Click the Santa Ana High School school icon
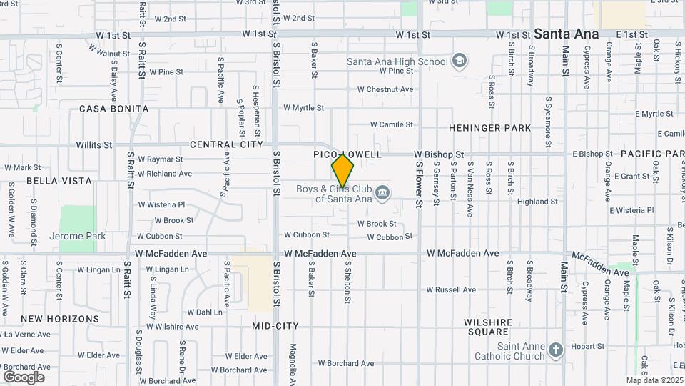pyautogui.click(x=459, y=61)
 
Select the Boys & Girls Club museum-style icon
pyautogui.click(x=382, y=192)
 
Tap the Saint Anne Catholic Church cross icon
pyautogui.click(x=556, y=350)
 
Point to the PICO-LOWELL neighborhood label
pyautogui.click(x=347, y=154)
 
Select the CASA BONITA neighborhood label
pyautogui.click(x=114, y=109)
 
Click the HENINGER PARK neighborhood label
pyautogui.click(x=490, y=128)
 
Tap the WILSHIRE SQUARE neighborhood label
pyautogui.click(x=488, y=327)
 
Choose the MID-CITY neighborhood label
pyautogui.click(x=275, y=326)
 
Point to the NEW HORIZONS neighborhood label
pyautogui.click(x=60, y=318)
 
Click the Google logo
pyautogui.click(x=24, y=377)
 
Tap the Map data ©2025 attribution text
pyautogui.click(x=655, y=380)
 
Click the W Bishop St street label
pyautogui.click(x=439, y=154)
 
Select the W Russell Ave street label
pyautogui.click(x=451, y=290)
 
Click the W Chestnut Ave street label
pyautogui.click(x=385, y=89)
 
